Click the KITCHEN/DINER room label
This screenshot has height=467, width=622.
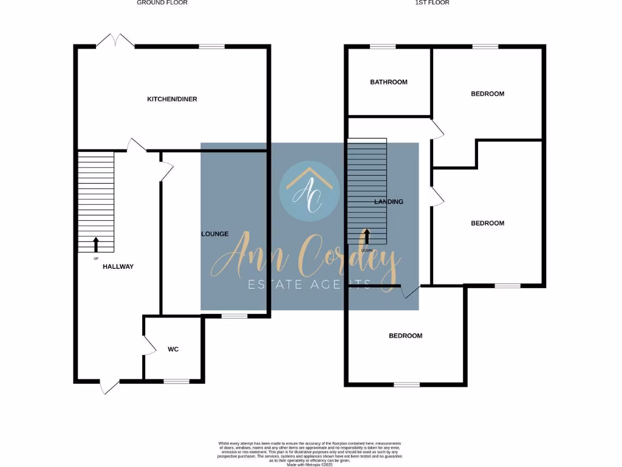tap(172, 99)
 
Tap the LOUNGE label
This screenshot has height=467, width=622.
tap(215, 234)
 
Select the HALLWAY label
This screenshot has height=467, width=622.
tap(118, 267)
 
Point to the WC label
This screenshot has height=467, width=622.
tap(173, 350)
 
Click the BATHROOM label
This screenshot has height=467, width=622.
tap(389, 82)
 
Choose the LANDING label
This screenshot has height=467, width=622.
tap(389, 202)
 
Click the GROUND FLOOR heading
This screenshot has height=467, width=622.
tap(162, 3)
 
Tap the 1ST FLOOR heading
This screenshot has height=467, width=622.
tap(432, 3)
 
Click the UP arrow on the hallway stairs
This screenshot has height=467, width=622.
tap(95, 244)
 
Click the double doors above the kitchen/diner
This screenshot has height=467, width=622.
tap(115, 41)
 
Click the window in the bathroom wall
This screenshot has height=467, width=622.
tap(383, 46)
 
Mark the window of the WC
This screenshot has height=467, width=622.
tap(176, 381)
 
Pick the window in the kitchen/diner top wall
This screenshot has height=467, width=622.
tap(211, 46)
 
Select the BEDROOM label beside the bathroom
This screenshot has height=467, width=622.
tap(487, 94)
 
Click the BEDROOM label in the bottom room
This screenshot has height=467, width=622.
tap(405, 336)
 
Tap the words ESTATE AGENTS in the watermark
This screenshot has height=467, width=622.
tap(310, 284)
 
